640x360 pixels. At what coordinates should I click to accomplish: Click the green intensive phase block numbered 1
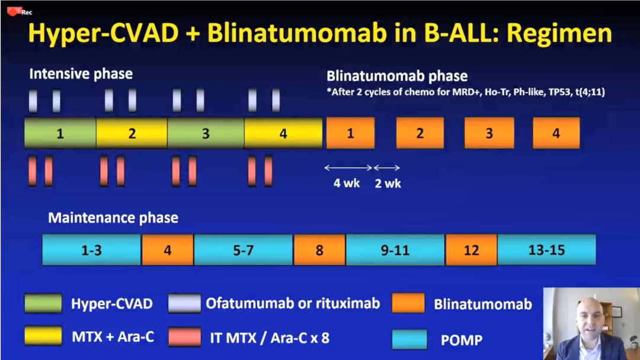(x=60, y=133)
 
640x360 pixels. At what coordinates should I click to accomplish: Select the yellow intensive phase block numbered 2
(x=132, y=133)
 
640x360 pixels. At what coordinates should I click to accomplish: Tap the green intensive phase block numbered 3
(x=206, y=133)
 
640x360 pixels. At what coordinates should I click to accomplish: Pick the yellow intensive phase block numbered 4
(x=283, y=133)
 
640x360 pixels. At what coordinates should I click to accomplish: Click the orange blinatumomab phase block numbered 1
(x=350, y=133)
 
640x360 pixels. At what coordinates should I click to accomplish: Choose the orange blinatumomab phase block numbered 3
(x=489, y=133)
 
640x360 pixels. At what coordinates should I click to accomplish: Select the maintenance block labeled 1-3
(x=92, y=250)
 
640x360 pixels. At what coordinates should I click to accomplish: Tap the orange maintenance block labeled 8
(x=319, y=250)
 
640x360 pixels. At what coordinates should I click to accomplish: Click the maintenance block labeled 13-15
(x=546, y=250)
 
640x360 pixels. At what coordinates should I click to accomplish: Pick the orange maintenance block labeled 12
(x=472, y=250)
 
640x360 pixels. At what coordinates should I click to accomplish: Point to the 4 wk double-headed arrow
(x=348, y=168)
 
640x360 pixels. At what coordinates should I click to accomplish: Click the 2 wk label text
(x=388, y=184)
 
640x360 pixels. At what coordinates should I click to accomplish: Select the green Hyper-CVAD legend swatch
(x=43, y=303)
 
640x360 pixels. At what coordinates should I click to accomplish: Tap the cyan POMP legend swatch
(x=410, y=339)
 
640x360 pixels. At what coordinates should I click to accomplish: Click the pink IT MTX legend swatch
(x=184, y=337)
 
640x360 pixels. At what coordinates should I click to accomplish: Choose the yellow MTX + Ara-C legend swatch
(x=43, y=336)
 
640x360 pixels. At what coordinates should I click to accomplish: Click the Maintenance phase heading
(x=113, y=218)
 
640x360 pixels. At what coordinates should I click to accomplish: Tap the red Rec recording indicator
(x=19, y=11)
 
